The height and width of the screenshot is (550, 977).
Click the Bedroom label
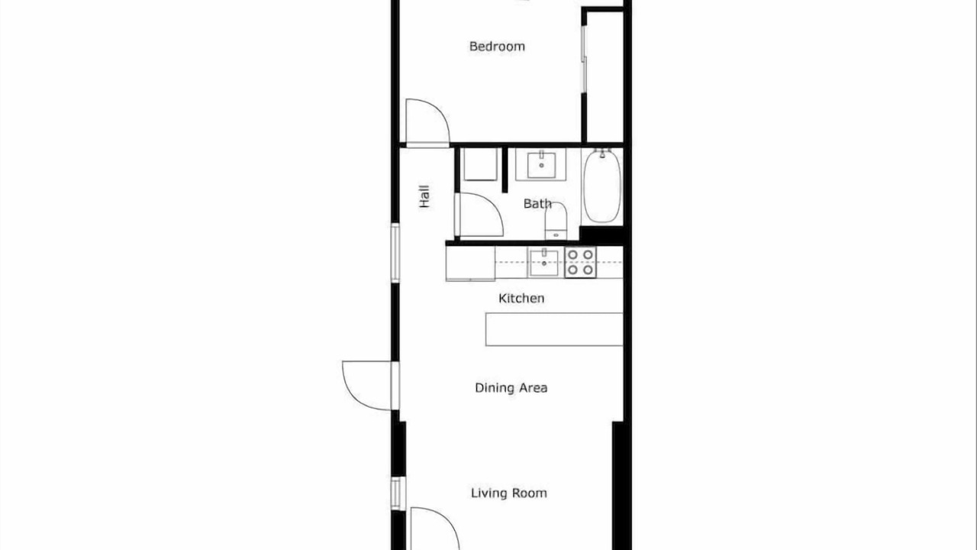tap(497, 47)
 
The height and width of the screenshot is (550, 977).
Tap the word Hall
tap(424, 196)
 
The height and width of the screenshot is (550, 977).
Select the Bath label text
tap(537, 203)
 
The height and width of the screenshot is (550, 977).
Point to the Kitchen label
tap(521, 299)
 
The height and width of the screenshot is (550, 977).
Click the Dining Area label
tap(511, 387)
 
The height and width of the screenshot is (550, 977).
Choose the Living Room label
tap(509, 493)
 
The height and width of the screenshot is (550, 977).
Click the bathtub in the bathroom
tap(602, 186)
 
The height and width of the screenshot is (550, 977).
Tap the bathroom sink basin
tap(541, 165)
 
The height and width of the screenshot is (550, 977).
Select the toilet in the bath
tap(556, 221)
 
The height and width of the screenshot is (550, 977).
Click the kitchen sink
tap(544, 263)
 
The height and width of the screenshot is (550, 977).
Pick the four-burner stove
tap(581, 262)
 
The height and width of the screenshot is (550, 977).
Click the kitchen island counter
tap(554, 329)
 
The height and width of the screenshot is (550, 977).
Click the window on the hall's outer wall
tap(395, 253)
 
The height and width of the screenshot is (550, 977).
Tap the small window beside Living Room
tap(396, 493)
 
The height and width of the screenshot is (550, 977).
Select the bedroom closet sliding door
tap(584, 59)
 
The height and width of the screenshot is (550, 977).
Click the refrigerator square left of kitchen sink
tap(470, 264)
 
